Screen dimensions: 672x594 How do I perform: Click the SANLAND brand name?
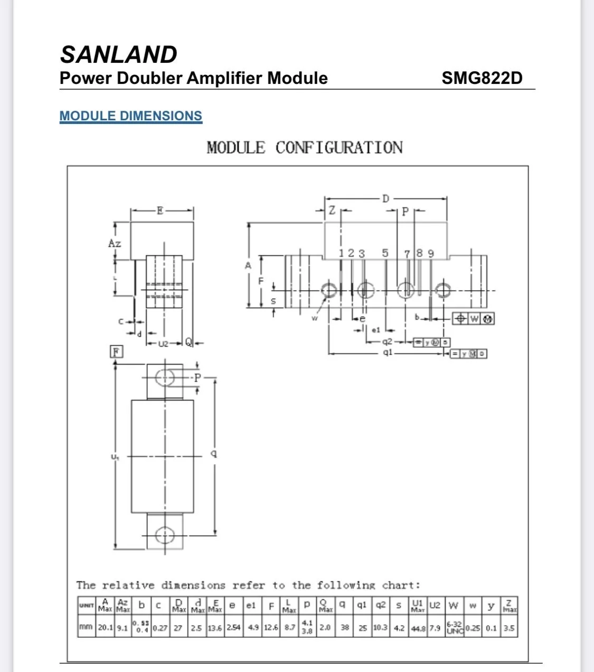(x=119, y=54)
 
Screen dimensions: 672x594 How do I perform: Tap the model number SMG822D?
(x=482, y=78)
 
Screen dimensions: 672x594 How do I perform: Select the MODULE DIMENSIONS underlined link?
(x=130, y=116)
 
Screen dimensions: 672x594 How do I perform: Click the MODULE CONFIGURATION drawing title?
(x=304, y=148)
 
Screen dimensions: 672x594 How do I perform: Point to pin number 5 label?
(x=385, y=253)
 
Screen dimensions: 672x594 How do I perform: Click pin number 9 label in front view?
(x=430, y=254)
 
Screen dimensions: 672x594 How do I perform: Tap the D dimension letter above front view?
(x=385, y=199)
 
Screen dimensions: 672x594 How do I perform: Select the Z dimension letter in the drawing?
(x=332, y=210)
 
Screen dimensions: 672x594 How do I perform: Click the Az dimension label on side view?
(x=115, y=243)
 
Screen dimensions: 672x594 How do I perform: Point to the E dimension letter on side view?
(x=161, y=211)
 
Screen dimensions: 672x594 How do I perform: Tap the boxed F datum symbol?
(x=116, y=352)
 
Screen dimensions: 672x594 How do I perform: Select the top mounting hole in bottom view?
(x=165, y=378)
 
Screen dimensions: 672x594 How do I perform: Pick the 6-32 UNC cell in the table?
(x=455, y=628)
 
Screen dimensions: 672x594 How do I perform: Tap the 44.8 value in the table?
(x=418, y=628)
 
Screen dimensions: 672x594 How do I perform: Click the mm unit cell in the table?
(x=86, y=628)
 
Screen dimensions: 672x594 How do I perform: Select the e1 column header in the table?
(x=251, y=606)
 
